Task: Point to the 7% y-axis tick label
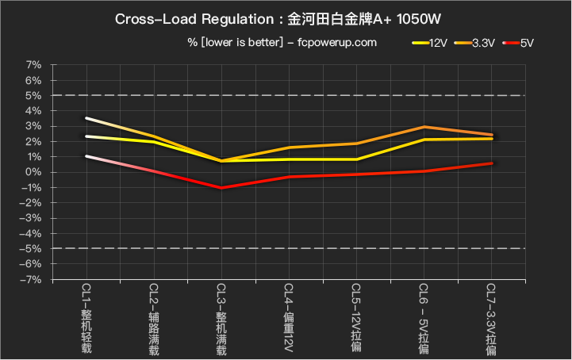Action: click(x=34, y=64)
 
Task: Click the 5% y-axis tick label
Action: click(x=34, y=95)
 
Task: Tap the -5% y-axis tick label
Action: click(x=32, y=249)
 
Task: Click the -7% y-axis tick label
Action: click(x=32, y=280)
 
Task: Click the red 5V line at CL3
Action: click(x=221, y=188)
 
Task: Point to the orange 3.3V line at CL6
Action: click(x=424, y=127)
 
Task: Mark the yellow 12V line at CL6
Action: click(x=424, y=140)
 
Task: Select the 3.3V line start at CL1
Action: click(x=86, y=118)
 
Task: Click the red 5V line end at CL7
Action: click(x=492, y=163)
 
